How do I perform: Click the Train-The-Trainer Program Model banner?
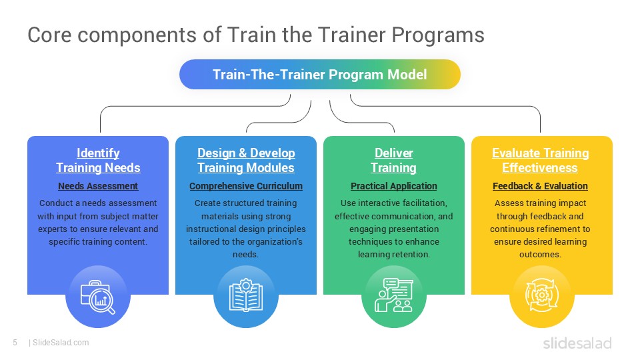pyautogui.click(x=319, y=74)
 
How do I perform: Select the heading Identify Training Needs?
pyautogui.click(x=98, y=160)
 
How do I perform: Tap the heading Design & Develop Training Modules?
pyautogui.click(x=246, y=160)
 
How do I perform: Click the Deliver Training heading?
pyautogui.click(x=393, y=160)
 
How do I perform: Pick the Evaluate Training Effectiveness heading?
pyautogui.click(x=541, y=160)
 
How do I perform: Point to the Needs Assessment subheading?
pyautogui.click(x=98, y=186)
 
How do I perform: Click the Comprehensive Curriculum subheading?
pyautogui.click(x=246, y=186)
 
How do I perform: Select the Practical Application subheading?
pyautogui.click(x=393, y=186)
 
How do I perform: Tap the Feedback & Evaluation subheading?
pyautogui.click(x=541, y=186)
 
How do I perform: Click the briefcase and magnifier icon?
pyautogui.click(x=98, y=297)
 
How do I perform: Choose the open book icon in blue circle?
pyautogui.click(x=246, y=297)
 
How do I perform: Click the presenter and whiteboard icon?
pyautogui.click(x=393, y=297)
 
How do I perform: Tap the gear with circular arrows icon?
pyautogui.click(x=541, y=297)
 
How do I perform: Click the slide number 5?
pyautogui.click(x=15, y=343)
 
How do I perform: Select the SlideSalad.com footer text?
pyautogui.click(x=60, y=343)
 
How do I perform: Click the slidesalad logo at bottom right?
pyautogui.click(x=577, y=343)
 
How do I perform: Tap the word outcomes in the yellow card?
pyautogui.click(x=541, y=255)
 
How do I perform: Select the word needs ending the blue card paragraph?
pyautogui.click(x=246, y=255)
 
